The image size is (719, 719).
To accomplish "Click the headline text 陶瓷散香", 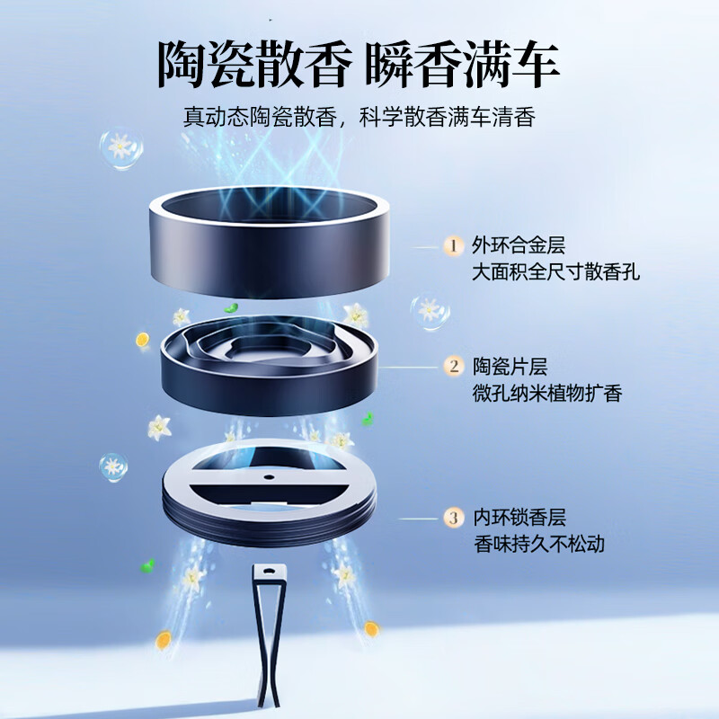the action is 255,64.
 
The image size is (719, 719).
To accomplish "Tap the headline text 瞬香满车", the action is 462,64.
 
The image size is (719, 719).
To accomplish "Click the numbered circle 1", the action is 453,245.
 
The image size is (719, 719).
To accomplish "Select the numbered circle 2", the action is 454,367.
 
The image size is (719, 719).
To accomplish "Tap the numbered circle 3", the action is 454,518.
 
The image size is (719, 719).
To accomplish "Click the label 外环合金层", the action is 519,244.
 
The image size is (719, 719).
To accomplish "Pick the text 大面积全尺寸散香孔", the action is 555,272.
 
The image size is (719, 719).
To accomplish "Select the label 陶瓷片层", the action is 510,367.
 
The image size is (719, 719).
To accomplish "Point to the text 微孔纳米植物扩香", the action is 547,394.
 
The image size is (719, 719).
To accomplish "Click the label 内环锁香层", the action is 519,518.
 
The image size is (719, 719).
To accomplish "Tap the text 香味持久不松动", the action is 539,545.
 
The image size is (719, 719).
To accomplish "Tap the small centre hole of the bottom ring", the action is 269,477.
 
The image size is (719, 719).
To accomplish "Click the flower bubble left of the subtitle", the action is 121,147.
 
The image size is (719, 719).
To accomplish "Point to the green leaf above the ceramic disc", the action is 231,307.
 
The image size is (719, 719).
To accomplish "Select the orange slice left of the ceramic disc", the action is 143,340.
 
